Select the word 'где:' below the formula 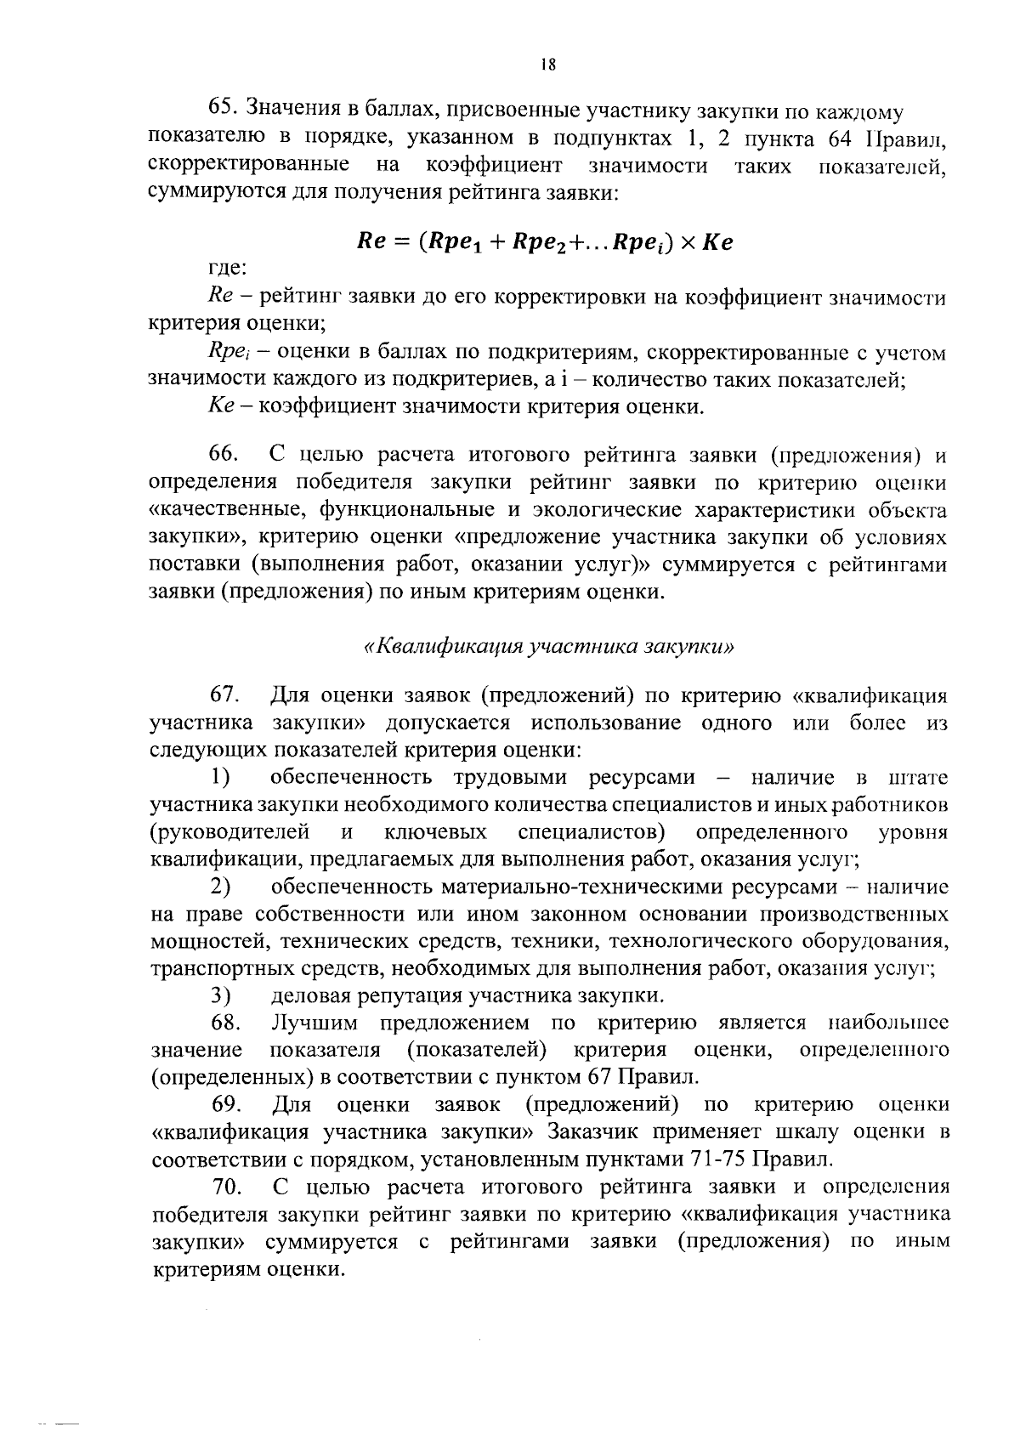coord(227,270)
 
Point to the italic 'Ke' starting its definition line coord(220,406)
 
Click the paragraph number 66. coord(226,455)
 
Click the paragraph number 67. coord(226,695)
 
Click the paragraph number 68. coord(226,1022)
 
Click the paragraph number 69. coord(226,1104)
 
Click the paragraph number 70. coord(226,1186)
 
